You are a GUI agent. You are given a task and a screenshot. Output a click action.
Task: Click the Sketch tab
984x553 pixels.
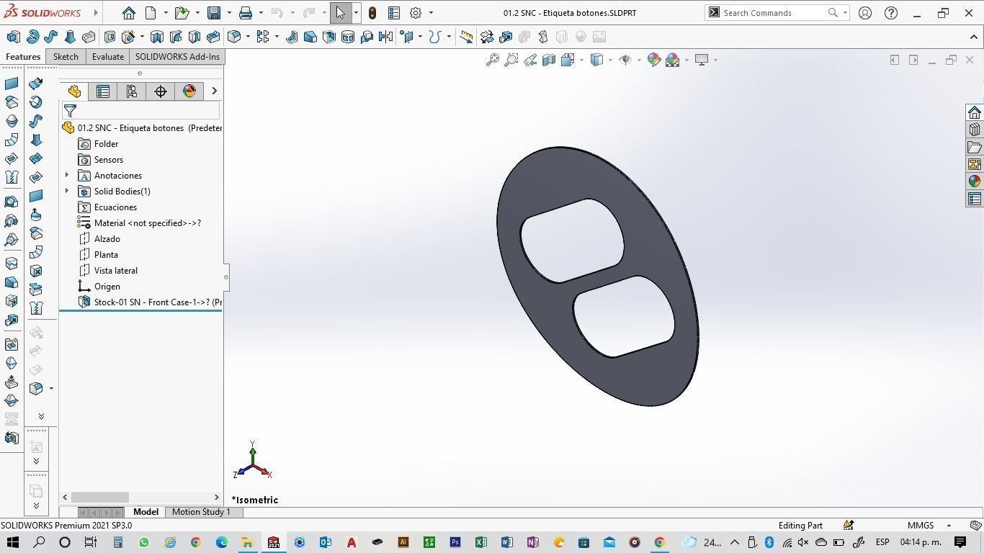pyautogui.click(x=66, y=57)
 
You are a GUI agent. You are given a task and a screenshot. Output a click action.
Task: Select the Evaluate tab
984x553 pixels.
pyautogui.click(x=108, y=57)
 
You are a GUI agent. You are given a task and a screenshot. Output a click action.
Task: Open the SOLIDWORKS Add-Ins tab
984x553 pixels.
pyautogui.click(x=177, y=57)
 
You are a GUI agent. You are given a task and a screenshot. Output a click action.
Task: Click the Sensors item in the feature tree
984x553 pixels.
pyautogui.click(x=108, y=160)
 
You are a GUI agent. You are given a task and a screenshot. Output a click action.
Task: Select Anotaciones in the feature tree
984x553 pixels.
pyautogui.click(x=117, y=176)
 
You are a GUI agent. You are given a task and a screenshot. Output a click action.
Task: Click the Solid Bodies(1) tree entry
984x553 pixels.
pyautogui.click(x=122, y=192)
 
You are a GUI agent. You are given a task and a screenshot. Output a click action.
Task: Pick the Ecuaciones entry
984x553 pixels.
pyautogui.click(x=115, y=207)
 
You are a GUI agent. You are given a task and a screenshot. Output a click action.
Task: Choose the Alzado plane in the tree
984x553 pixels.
pyautogui.click(x=107, y=239)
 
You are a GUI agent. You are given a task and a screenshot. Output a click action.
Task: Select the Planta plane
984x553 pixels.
pyautogui.click(x=106, y=255)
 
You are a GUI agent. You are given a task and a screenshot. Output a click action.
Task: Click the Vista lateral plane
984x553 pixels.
pyautogui.click(x=115, y=271)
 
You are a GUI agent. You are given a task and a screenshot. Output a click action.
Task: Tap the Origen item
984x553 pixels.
pyautogui.click(x=107, y=287)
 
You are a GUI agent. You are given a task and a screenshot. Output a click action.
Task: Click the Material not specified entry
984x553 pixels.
pyautogui.click(x=147, y=223)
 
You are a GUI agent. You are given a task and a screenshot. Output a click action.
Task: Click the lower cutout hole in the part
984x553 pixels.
pyautogui.click(x=624, y=317)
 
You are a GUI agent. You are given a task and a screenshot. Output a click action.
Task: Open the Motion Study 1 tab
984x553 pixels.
pyautogui.click(x=201, y=512)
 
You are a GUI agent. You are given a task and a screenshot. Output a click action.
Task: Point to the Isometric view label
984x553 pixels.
pyautogui.click(x=255, y=500)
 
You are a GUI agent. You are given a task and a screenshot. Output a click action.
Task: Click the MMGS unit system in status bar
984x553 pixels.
pyautogui.click(x=921, y=526)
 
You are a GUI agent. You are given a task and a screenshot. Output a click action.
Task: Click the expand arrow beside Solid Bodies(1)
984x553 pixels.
pyautogui.click(x=67, y=192)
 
